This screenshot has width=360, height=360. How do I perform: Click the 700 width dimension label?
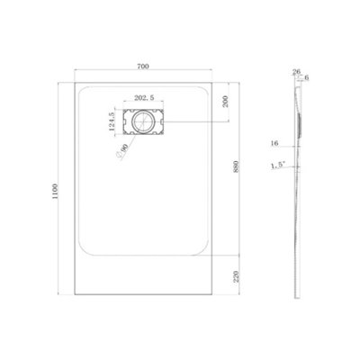point(143,67)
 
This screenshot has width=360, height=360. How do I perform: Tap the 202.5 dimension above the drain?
point(144,97)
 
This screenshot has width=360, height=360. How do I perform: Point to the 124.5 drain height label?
point(112,121)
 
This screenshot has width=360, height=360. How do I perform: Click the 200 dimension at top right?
point(226,102)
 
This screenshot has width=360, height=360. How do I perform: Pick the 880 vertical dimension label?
point(236,166)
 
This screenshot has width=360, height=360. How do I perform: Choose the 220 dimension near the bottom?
point(236,276)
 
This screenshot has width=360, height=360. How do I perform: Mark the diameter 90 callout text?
point(121,151)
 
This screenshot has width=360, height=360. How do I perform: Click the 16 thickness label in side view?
point(274,143)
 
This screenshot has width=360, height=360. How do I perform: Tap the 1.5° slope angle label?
point(278,166)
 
